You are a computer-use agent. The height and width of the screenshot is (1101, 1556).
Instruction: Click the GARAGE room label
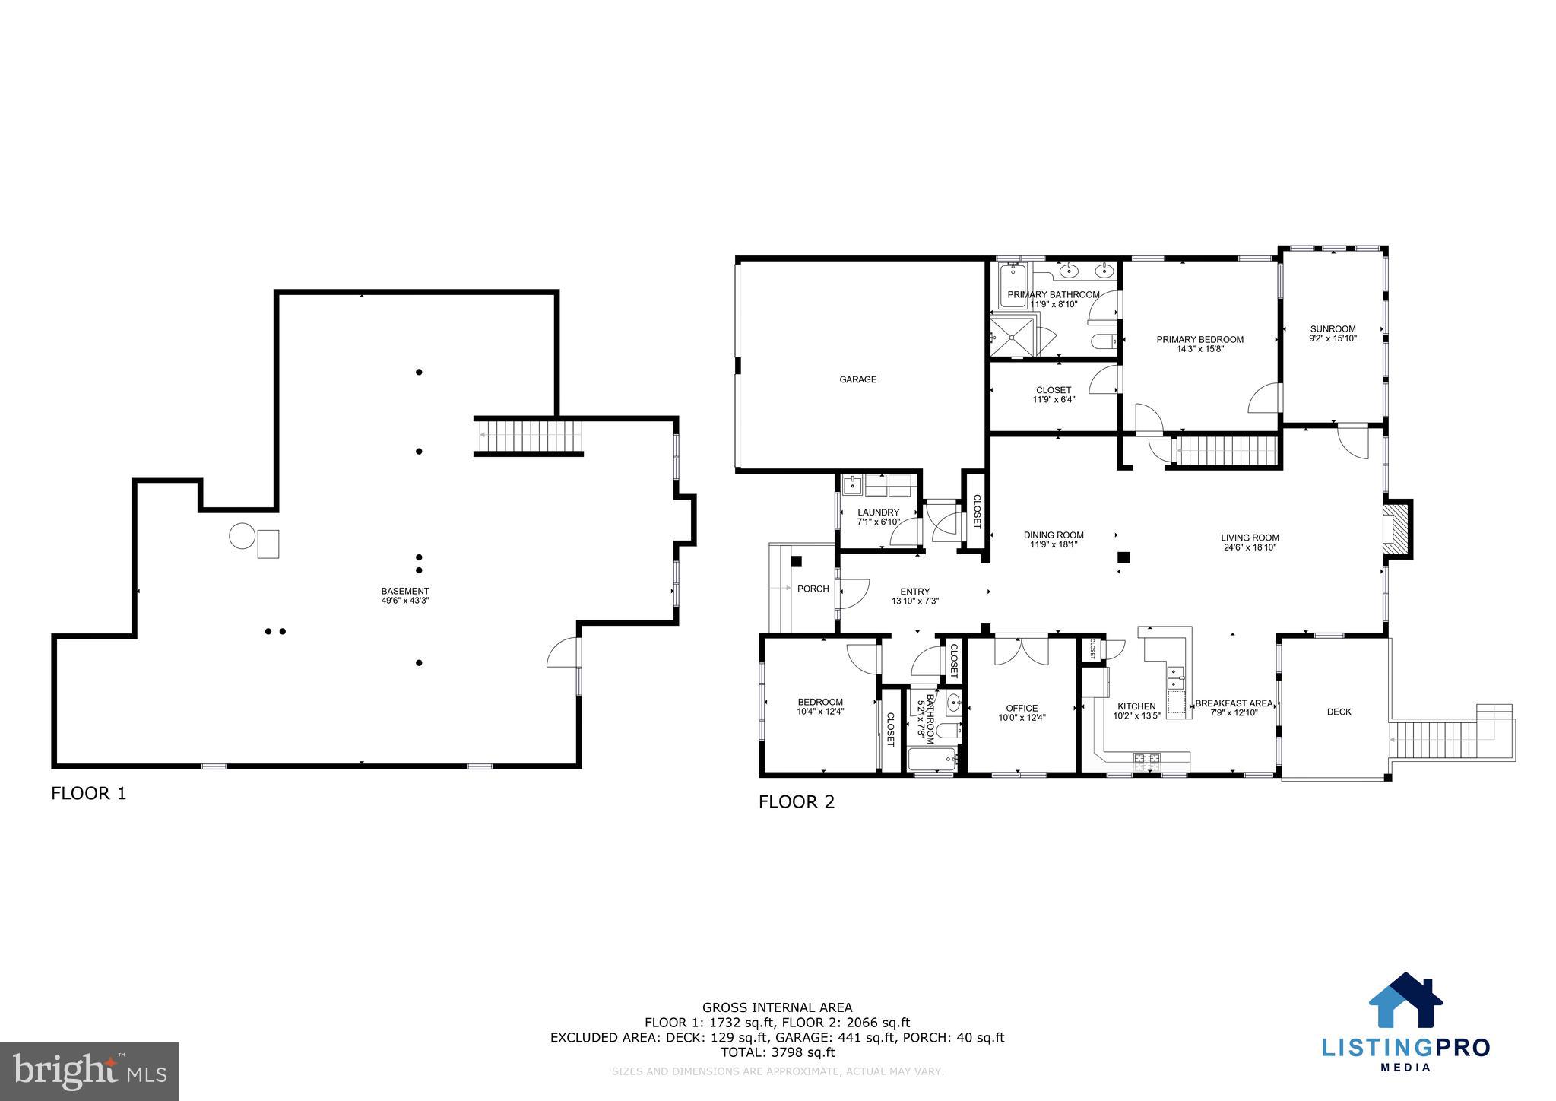[x=857, y=379]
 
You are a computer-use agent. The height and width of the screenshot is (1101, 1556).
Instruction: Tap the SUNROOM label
[x=1333, y=329]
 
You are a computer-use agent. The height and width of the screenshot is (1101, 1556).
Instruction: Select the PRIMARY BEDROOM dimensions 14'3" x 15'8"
[x=1199, y=350]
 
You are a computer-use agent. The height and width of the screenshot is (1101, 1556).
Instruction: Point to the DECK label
[x=1339, y=712]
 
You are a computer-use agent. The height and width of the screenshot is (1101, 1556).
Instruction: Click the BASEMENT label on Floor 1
[x=405, y=591]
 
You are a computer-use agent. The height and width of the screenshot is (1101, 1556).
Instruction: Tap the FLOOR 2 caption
[x=796, y=801]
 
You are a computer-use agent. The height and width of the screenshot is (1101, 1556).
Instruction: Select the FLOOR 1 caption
[x=88, y=794]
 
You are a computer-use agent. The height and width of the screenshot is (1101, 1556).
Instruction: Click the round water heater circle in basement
[x=242, y=536]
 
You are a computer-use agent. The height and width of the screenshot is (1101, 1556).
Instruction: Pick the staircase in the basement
[x=529, y=437]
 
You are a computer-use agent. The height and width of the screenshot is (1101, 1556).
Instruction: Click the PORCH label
[x=813, y=589]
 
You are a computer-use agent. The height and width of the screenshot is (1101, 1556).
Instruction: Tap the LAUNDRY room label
[x=878, y=512]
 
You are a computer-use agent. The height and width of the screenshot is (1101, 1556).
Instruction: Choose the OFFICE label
[x=1022, y=708]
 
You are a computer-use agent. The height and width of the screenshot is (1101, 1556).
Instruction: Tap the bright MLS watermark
[x=89, y=1071]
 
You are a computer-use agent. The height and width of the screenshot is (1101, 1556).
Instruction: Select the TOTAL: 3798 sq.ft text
[x=777, y=1052]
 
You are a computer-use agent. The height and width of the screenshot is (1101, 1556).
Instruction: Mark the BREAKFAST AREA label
[x=1233, y=703]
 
